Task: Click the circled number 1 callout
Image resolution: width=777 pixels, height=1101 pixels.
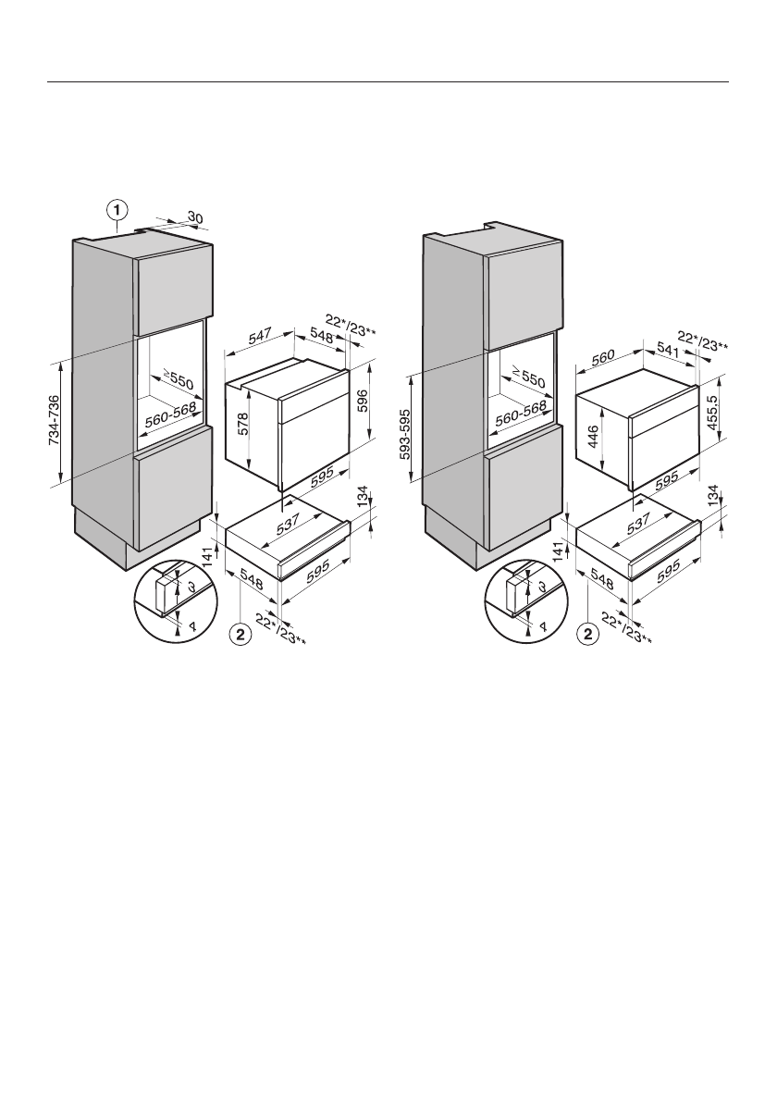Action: [117, 210]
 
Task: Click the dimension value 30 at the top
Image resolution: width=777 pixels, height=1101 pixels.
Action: [195, 217]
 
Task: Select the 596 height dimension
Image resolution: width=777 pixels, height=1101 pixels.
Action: [363, 400]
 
